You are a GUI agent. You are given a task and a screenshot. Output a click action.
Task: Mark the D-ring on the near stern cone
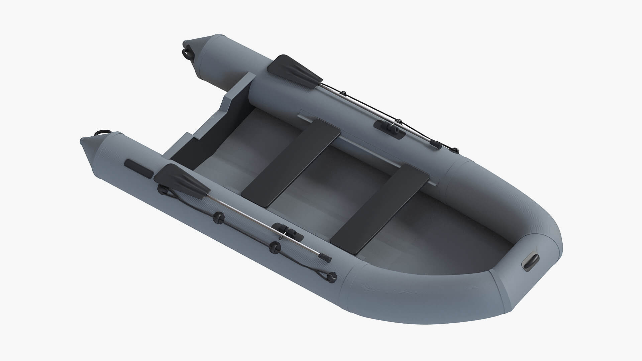pos(102,134)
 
